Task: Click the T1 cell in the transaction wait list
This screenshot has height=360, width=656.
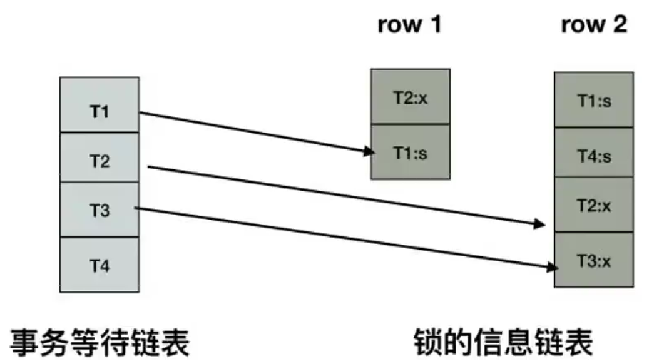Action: [99, 113]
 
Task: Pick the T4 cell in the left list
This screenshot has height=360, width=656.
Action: [99, 266]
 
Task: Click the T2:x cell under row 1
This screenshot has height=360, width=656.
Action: [410, 98]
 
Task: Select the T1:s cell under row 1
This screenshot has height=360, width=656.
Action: [410, 153]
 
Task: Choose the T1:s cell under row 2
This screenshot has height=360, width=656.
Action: [593, 101]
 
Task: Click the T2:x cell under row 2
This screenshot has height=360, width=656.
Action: [593, 206]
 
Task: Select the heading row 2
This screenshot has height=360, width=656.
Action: [594, 25]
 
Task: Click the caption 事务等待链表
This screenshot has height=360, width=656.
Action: [98, 340]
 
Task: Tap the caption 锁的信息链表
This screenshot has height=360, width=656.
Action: [504, 340]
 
